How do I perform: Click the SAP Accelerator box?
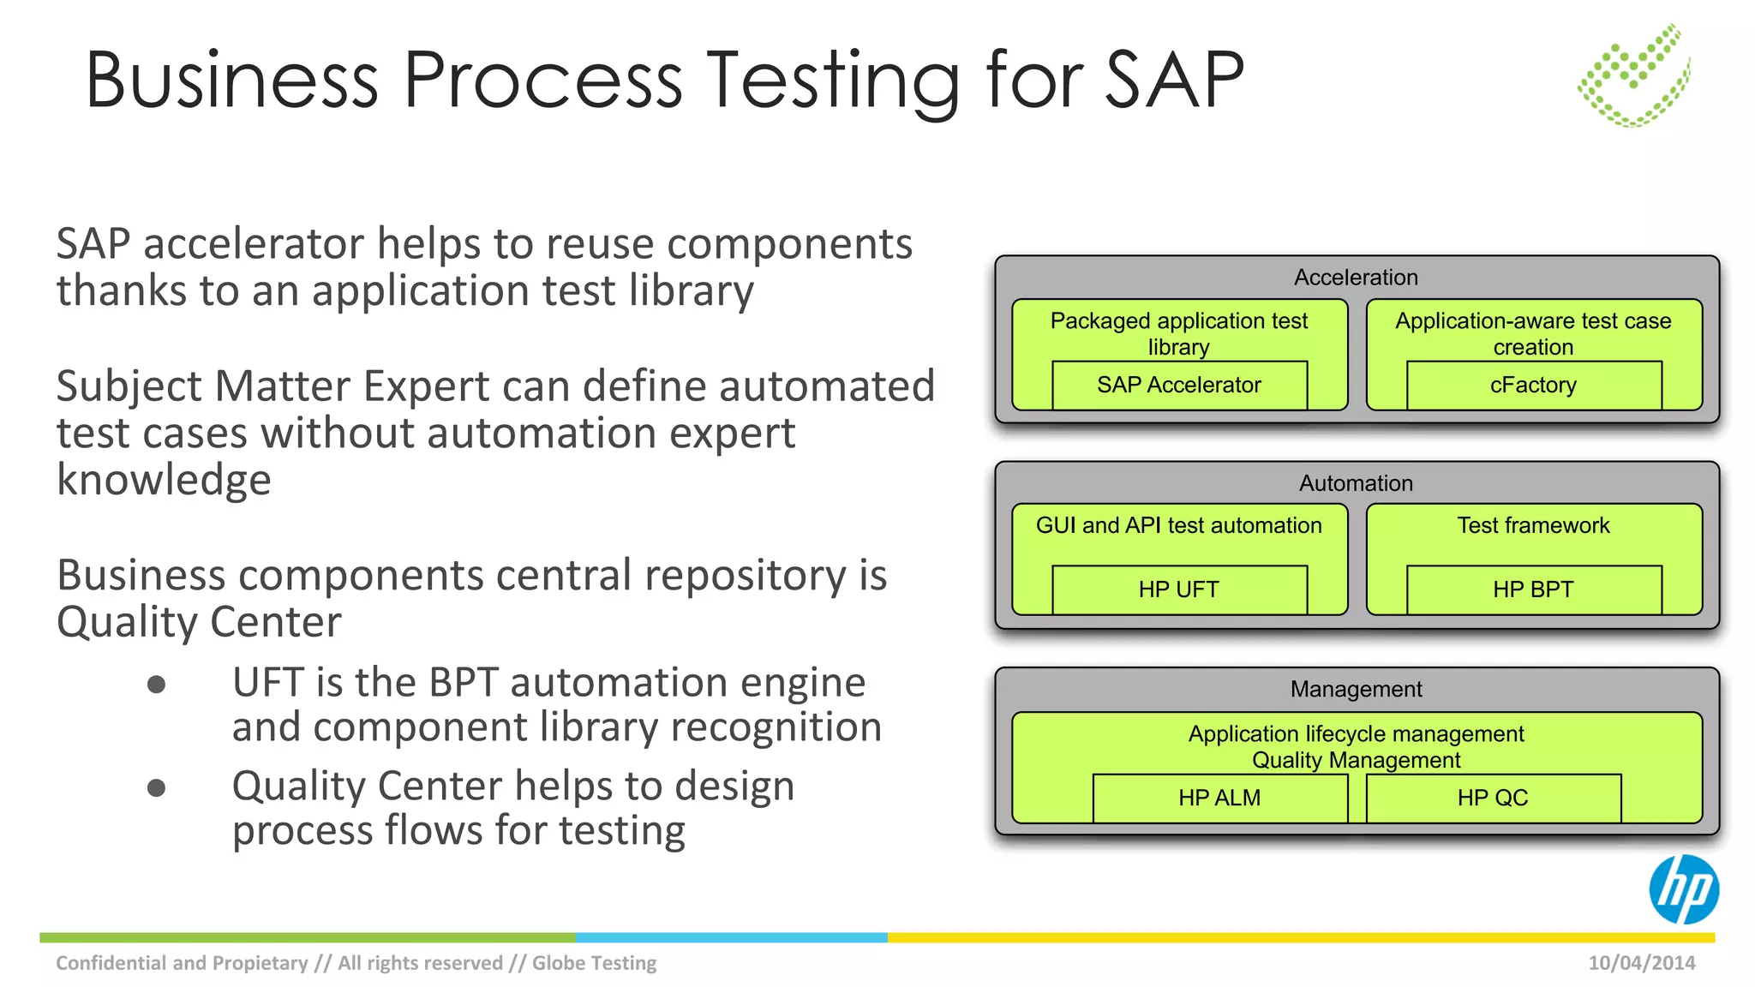pos(1179,386)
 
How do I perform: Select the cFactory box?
pos(1533,386)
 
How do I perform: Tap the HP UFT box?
pos(1179,589)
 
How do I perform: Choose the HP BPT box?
pos(1533,589)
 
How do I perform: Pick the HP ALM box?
pos(1219,798)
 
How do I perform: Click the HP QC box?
pos(1493,798)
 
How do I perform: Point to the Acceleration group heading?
pos(1356,278)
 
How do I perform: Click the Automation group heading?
pos(1356,483)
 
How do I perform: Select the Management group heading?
pos(1356,689)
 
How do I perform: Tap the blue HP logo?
pos(1683,889)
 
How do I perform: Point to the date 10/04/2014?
pos(1641,963)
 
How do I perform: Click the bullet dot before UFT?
pos(156,684)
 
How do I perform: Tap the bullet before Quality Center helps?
pos(156,787)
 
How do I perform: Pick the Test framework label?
pos(1533,525)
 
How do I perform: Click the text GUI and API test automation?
pos(1179,525)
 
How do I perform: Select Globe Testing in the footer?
pos(594,963)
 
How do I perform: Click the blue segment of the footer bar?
pos(731,937)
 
